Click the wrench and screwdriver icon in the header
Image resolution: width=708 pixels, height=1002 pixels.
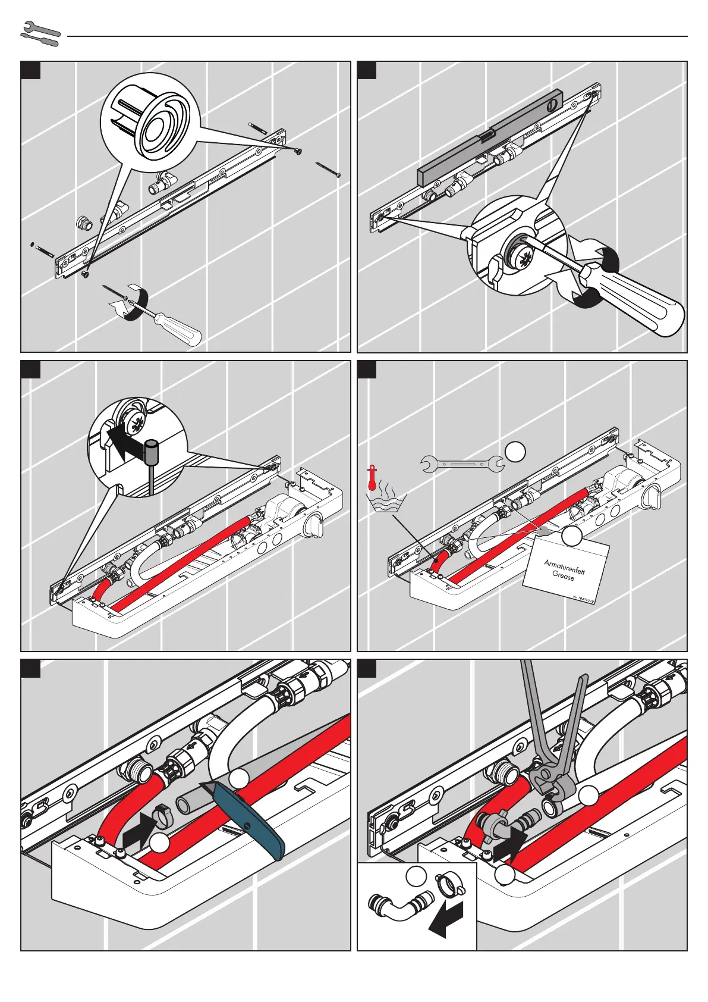(x=40, y=34)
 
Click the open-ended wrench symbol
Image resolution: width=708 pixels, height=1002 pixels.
(x=461, y=462)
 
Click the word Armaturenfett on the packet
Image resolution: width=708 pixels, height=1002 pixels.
(x=564, y=566)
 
